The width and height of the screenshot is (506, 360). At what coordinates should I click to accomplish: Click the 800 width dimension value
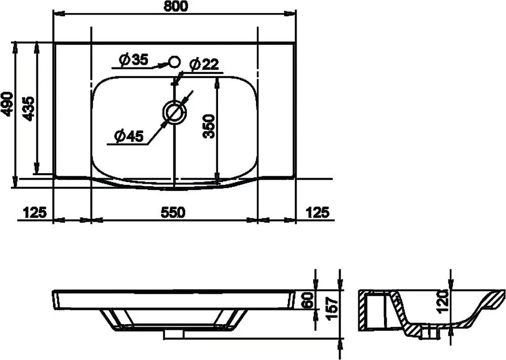pyautogui.click(x=176, y=6)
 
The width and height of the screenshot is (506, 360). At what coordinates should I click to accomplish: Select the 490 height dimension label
pyautogui.click(x=7, y=104)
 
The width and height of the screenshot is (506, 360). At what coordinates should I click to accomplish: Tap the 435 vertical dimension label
pyautogui.click(x=28, y=108)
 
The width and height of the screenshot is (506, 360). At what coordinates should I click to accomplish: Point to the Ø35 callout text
pyautogui.click(x=133, y=60)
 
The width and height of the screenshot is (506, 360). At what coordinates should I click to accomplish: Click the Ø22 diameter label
pyautogui.click(x=204, y=65)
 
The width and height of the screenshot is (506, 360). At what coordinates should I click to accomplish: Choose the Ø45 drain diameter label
pyautogui.click(x=129, y=136)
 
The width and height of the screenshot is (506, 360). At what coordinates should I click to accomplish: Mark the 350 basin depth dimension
pyautogui.click(x=209, y=126)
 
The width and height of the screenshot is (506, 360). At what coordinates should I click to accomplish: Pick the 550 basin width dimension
pyautogui.click(x=173, y=213)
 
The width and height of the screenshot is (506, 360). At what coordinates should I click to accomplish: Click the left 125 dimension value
pyautogui.click(x=35, y=213)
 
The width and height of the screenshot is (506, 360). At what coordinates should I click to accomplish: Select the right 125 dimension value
pyautogui.click(x=318, y=213)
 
